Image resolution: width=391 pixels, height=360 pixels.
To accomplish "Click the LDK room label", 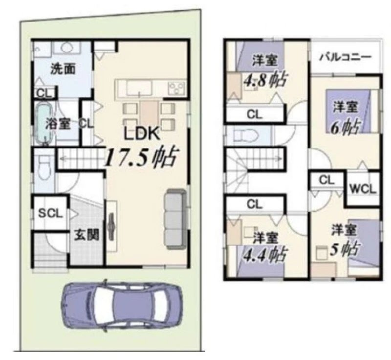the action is tap(142, 134).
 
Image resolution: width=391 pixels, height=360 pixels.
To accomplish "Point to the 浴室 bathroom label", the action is tap(58, 124).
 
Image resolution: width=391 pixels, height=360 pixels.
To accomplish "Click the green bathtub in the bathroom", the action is tap(43, 123).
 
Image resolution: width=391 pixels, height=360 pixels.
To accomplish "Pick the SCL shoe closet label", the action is tap(50, 214).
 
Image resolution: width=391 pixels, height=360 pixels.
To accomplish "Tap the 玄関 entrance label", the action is tap(87, 235).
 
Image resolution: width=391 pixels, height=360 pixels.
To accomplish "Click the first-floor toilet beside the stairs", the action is tap(45, 167).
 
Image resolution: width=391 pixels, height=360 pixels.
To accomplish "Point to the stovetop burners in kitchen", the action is tap(176, 88).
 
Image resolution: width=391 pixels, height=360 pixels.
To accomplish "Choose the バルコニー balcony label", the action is tap(346, 57).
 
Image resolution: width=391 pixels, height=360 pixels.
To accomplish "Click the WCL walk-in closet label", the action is tap(363, 189).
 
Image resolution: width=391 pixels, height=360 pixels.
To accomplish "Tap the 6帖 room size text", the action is tap(346, 127).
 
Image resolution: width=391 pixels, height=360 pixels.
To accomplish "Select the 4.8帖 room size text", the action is tap(265, 80).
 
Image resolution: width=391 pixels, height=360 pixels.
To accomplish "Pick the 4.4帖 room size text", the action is tap(265, 254).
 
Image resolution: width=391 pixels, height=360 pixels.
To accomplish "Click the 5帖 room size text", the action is tap(345, 249).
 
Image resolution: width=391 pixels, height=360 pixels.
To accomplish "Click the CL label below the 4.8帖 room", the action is tap(254, 114).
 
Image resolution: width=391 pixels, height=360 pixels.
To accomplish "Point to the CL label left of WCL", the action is tap(326, 180).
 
